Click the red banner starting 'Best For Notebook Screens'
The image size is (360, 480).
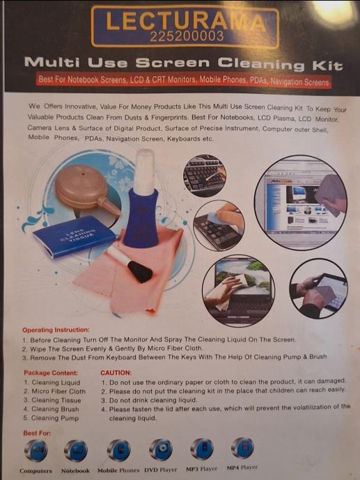(x=184, y=81)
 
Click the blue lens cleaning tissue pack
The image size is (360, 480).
(x=74, y=236)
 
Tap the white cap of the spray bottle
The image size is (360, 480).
(x=144, y=171)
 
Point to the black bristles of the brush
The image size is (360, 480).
(x=140, y=271)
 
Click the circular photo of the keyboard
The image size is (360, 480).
(x=204, y=175)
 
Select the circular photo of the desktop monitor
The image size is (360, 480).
(x=301, y=202)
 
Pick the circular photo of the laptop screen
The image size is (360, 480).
(x=238, y=290)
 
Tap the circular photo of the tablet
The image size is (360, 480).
(x=319, y=289)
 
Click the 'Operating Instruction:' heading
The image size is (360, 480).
(x=56, y=330)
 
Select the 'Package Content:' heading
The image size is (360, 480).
(x=51, y=373)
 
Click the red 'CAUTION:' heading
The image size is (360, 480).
(x=116, y=373)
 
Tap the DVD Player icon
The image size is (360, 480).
(x=161, y=449)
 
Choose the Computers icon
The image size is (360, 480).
(x=36, y=450)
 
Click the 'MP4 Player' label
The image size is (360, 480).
(x=242, y=467)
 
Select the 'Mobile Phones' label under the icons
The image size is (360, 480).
(x=118, y=470)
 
